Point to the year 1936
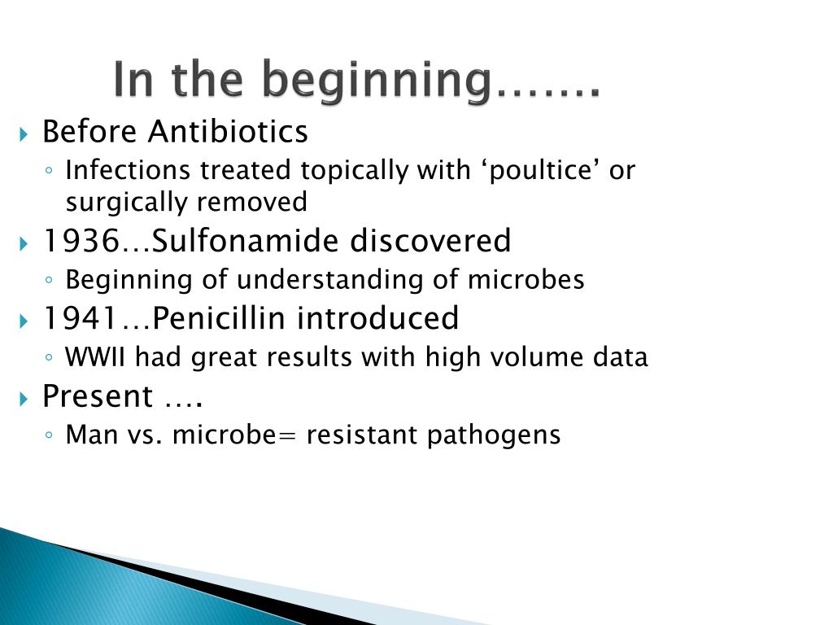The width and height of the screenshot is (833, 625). coord(81,241)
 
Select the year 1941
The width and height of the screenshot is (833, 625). coord(80,318)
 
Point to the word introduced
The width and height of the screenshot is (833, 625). coord(377,318)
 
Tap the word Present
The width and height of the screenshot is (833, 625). coord(97,396)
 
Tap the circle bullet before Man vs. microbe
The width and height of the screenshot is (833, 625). coord(50,436)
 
